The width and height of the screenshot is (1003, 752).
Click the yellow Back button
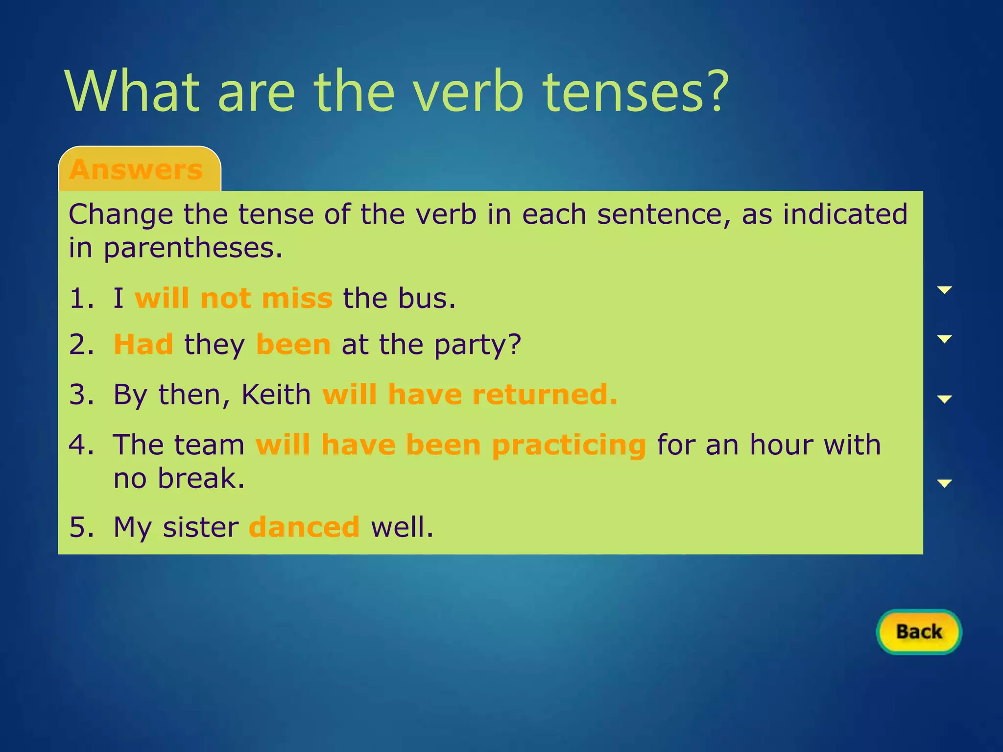coord(919,632)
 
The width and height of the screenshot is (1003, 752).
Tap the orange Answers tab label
coord(136,169)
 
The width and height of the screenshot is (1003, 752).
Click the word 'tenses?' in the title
coord(636,92)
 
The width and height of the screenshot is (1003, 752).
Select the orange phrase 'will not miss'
coord(234,298)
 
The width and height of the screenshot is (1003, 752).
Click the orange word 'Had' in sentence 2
coord(143,344)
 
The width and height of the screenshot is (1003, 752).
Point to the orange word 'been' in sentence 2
coord(293,344)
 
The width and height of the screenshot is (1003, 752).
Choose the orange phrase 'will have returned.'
coord(470,395)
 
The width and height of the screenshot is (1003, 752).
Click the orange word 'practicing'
coord(569,446)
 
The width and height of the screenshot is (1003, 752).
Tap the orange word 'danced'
coord(304,527)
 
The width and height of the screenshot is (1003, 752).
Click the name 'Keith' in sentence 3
coord(276,395)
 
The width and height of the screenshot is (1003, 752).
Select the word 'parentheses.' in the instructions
coord(193,248)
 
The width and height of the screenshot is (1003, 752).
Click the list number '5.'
coord(82,527)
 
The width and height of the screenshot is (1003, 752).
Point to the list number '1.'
coord(82,298)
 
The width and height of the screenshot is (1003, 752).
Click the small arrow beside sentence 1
coord(944,290)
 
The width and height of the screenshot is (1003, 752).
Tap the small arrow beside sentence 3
coord(944,399)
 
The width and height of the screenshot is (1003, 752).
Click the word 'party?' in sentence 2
coord(477,344)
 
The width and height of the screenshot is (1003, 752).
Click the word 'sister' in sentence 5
coord(201,527)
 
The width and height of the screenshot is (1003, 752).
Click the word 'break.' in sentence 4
coord(201,478)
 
